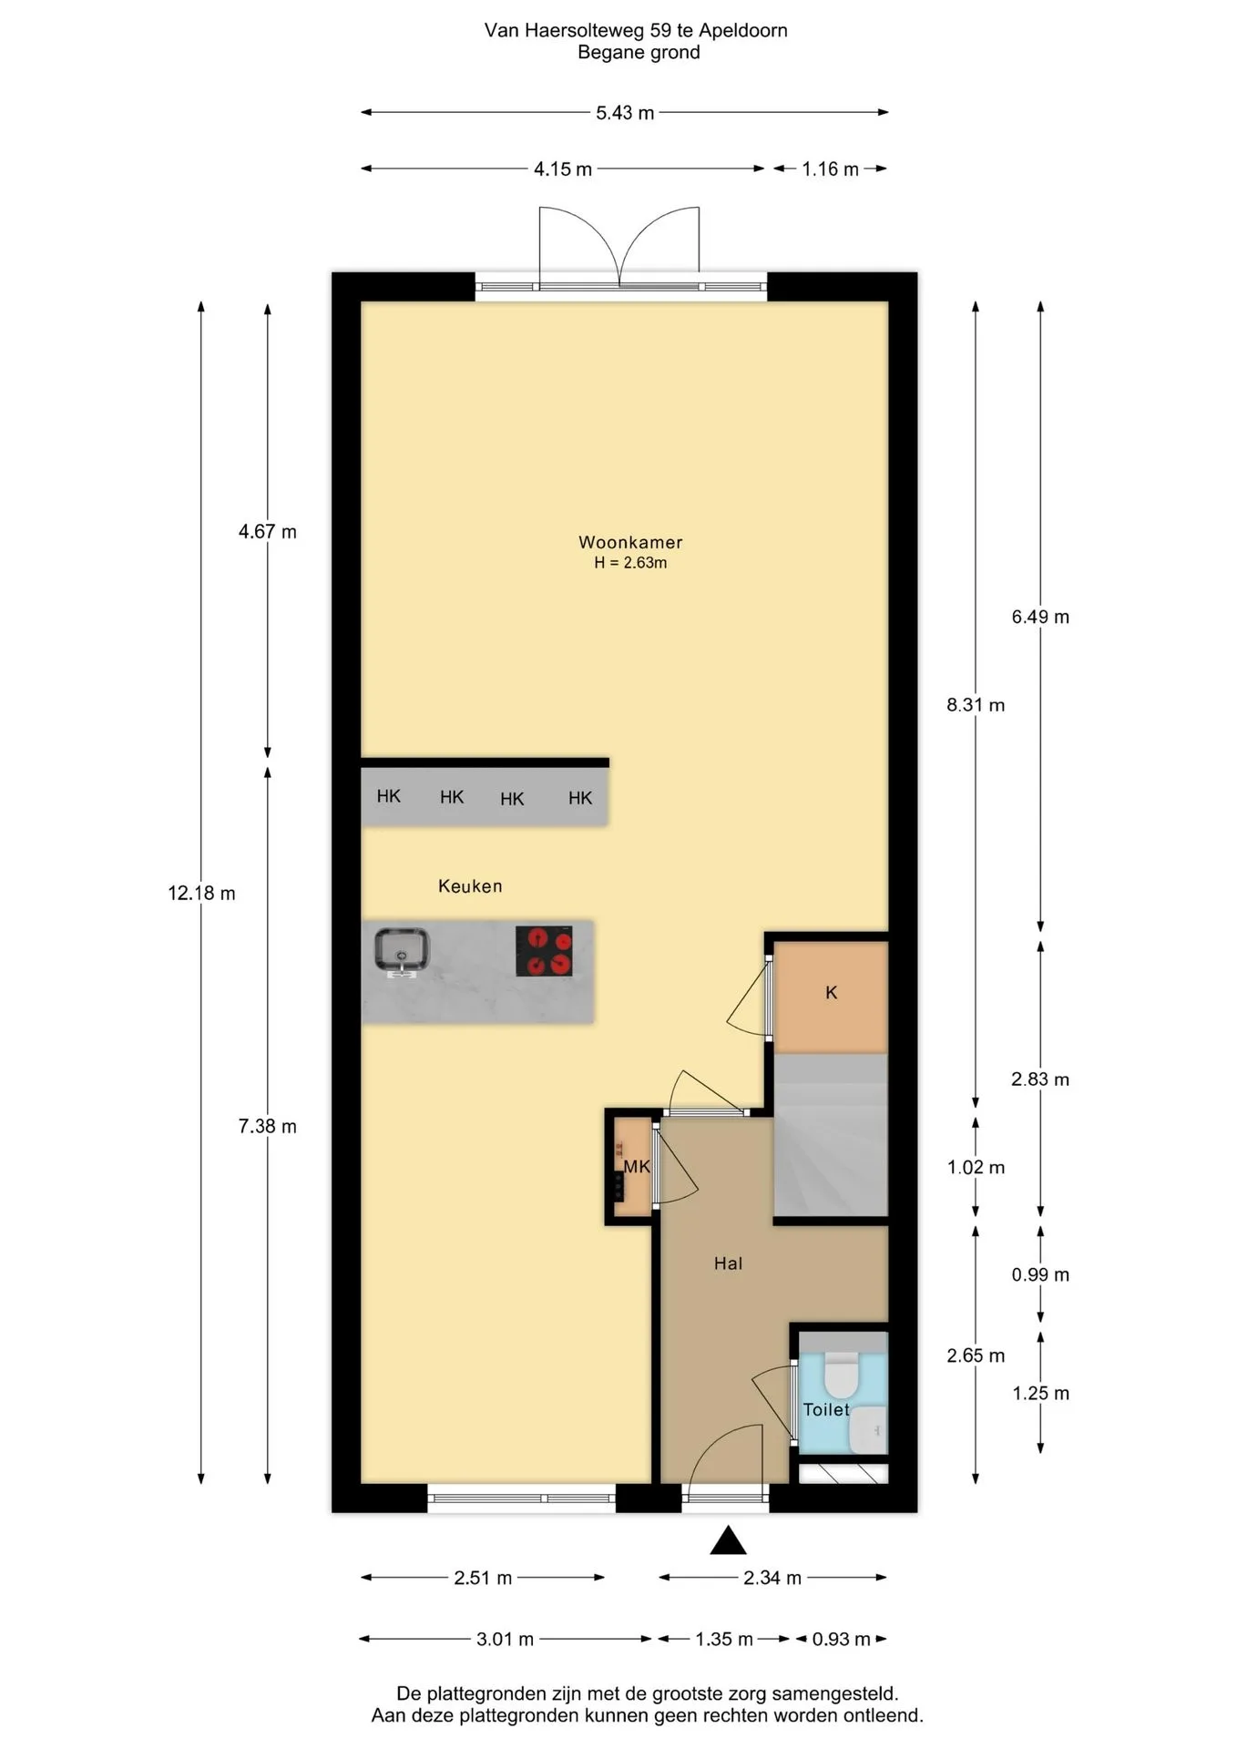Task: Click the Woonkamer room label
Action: [x=630, y=542]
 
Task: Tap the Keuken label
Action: [x=470, y=885]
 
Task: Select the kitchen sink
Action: [x=402, y=951]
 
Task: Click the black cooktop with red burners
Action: [x=544, y=951]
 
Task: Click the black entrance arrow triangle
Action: [x=728, y=1540]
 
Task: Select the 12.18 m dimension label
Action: [x=201, y=894]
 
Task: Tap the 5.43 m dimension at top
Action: [x=625, y=113]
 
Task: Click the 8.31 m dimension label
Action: [x=976, y=704]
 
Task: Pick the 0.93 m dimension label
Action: [x=841, y=1639]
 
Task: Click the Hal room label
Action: [x=728, y=1263]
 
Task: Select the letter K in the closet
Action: [x=831, y=993]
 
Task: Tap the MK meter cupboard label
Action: [x=637, y=1166]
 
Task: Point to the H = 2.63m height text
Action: [x=630, y=563]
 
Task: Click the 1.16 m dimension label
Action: [x=830, y=169]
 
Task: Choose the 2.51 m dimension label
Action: [x=483, y=1578]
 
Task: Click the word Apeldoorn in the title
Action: [x=742, y=30]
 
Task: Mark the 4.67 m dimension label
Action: [x=268, y=532]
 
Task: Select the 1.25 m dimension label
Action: [x=1040, y=1393]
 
